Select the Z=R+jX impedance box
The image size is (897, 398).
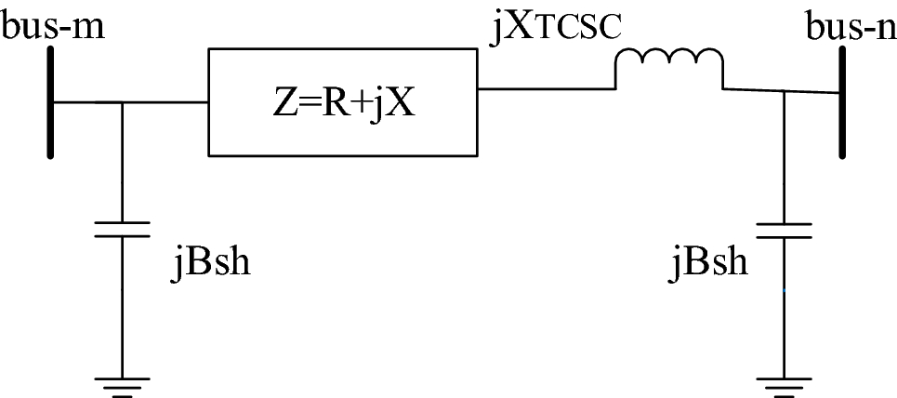click(341, 101)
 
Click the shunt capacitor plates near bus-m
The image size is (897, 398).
click(123, 229)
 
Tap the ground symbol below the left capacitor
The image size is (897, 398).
click(123, 384)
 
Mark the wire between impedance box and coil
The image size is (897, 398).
click(545, 89)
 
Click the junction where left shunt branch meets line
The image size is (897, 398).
click(123, 101)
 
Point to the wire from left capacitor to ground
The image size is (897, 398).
click(123, 307)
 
